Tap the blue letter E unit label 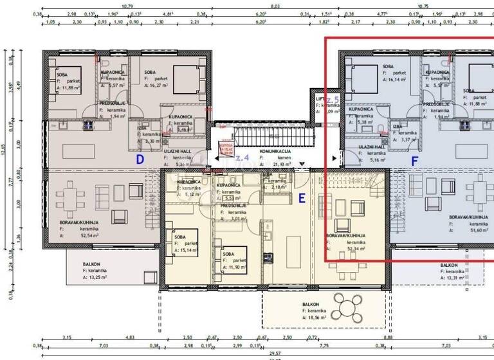(301, 199)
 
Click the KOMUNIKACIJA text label (275, 152)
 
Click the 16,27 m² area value (160, 84)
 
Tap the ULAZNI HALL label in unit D (176, 150)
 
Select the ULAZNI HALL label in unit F (372, 147)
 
